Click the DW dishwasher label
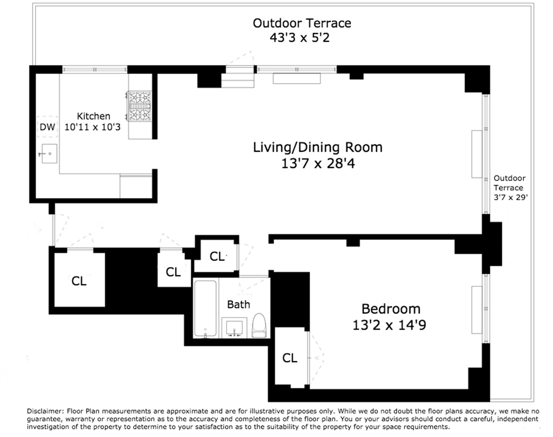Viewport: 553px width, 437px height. pyautogui.click(x=47, y=127)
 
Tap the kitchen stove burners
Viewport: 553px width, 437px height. pyautogui.click(x=140, y=106)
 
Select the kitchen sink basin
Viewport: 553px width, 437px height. pyautogui.click(x=49, y=154)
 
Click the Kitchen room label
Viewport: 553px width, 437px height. pyautogui.click(x=94, y=116)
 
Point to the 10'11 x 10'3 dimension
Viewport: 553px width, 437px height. pyautogui.click(x=92, y=127)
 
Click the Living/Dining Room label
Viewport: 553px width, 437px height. pyautogui.click(x=318, y=147)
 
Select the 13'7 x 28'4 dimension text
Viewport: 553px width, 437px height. pyautogui.click(x=318, y=164)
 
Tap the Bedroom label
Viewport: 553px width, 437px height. pyautogui.click(x=391, y=309)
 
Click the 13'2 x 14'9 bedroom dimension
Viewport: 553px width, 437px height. pyautogui.click(x=389, y=325)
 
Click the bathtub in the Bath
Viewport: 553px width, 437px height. pyautogui.click(x=205, y=309)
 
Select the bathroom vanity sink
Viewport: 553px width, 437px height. pyautogui.click(x=234, y=328)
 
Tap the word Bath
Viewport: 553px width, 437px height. pyautogui.click(x=238, y=304)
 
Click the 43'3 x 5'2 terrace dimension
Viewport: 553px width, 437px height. pyautogui.click(x=300, y=38)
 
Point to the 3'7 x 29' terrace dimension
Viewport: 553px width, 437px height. pyautogui.click(x=511, y=197)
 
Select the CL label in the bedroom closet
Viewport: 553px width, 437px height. pyautogui.click(x=290, y=358)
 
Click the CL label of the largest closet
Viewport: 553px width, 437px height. pyautogui.click(x=79, y=281)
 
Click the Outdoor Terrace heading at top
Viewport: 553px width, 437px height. pyautogui.click(x=302, y=23)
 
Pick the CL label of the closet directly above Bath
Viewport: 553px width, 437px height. pyautogui.click(x=217, y=256)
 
